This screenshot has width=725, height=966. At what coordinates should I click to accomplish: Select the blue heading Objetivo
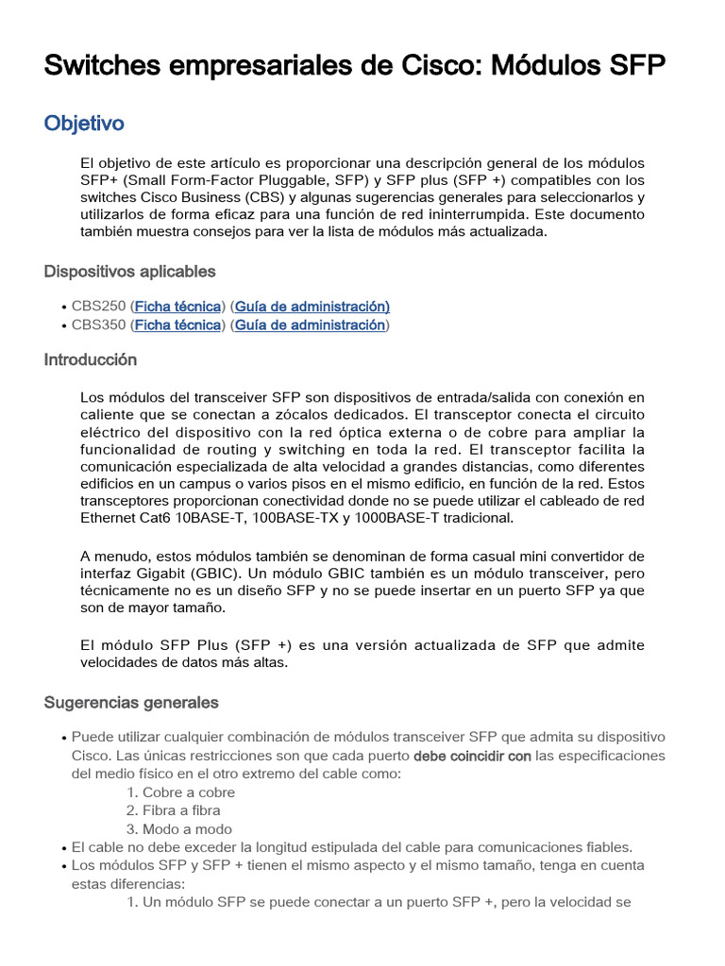click(84, 124)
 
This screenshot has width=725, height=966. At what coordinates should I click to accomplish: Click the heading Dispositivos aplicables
click(129, 272)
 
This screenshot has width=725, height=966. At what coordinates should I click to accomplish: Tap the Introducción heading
click(91, 360)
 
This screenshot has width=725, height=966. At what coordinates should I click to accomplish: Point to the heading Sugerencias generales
click(131, 703)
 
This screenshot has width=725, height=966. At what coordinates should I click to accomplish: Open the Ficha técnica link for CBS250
click(178, 307)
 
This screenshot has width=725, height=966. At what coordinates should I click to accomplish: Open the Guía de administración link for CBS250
click(312, 307)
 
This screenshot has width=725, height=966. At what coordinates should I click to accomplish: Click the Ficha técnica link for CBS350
click(178, 325)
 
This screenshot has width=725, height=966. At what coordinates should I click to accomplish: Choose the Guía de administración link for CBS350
click(310, 325)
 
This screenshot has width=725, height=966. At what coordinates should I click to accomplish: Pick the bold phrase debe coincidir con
click(472, 757)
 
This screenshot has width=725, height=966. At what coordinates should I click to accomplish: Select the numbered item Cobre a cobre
click(189, 792)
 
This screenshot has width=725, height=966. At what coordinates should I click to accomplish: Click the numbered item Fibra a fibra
click(181, 810)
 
